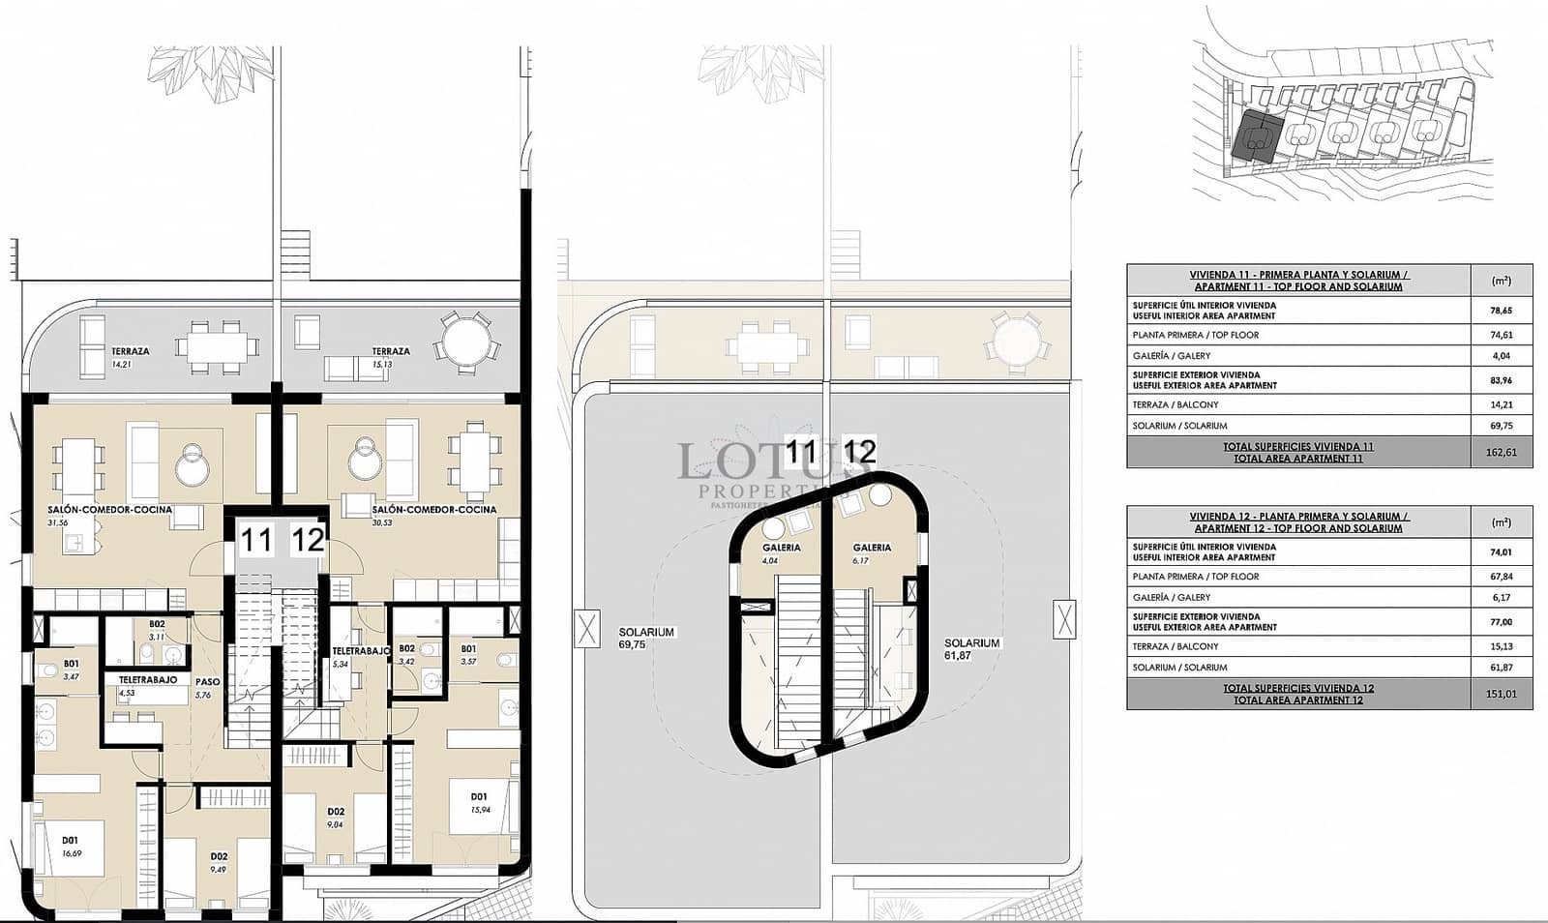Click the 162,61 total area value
pyautogui.click(x=1501, y=452)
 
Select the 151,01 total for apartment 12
pyautogui.click(x=1501, y=694)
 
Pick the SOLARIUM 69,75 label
pyautogui.click(x=646, y=638)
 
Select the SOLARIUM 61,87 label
pyautogui.click(x=971, y=648)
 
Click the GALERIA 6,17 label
pyautogui.click(x=872, y=553)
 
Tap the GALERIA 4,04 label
pyautogui.click(x=781, y=553)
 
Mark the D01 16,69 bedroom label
pyautogui.click(x=70, y=847)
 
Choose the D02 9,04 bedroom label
pyautogui.click(x=336, y=818)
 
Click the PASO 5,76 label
pyautogui.click(x=207, y=688)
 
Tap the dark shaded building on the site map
pyautogui.click(x=1258, y=136)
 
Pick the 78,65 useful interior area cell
pyautogui.click(x=1501, y=311)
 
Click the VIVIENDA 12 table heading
pyautogui.click(x=1298, y=522)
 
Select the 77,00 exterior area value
pyautogui.click(x=1501, y=622)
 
